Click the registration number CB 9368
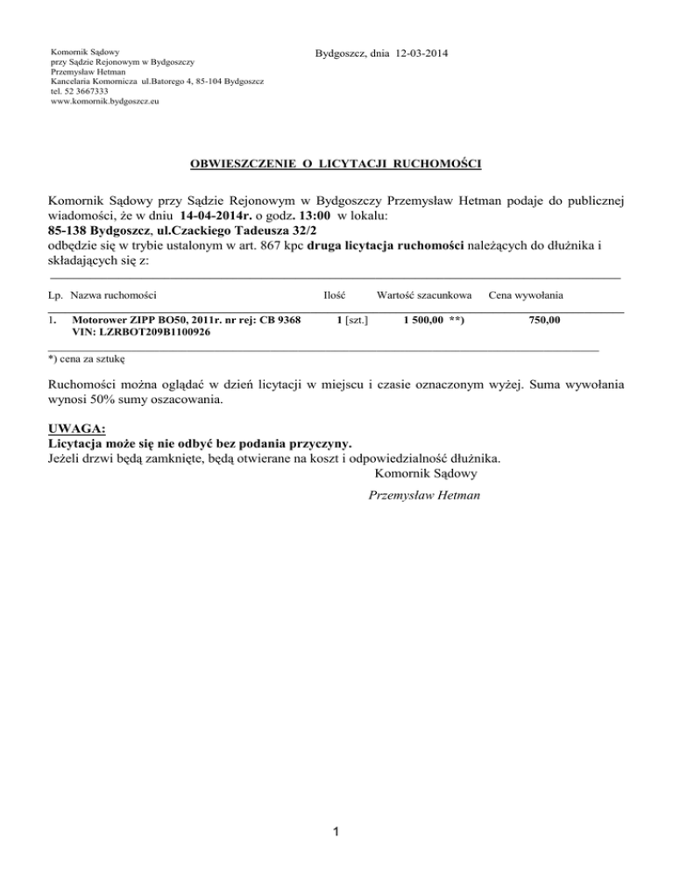(274, 321)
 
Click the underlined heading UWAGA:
(75, 428)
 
